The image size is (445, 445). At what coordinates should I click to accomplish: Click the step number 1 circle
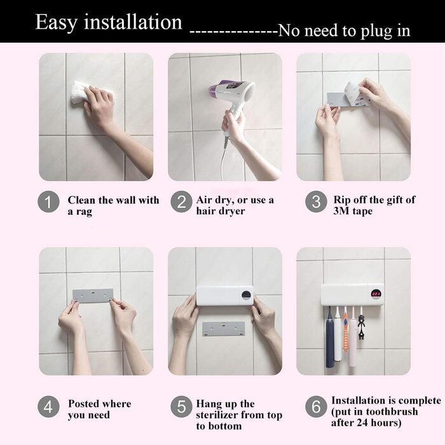point(48,202)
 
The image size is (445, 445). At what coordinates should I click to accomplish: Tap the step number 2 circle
point(181,202)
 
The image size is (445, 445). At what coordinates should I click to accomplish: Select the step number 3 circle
point(316,202)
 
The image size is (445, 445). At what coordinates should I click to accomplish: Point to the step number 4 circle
point(48,407)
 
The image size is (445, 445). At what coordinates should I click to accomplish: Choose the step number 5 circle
point(181,407)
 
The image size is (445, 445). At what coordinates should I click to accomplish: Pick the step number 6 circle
point(316,407)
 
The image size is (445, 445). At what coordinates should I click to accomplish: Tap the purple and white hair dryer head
point(232,93)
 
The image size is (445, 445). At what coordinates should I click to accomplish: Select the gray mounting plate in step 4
point(93,296)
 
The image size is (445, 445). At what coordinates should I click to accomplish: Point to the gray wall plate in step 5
point(224,329)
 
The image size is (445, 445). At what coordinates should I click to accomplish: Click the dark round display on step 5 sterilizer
point(247,294)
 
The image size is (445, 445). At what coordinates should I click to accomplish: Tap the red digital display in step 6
point(376,294)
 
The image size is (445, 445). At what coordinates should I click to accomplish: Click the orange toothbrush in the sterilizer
point(345,329)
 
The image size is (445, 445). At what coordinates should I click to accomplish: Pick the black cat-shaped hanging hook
point(361,326)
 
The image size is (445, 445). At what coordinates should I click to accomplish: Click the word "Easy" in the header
point(56,23)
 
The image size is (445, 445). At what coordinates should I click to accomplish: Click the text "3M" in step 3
point(341,211)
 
